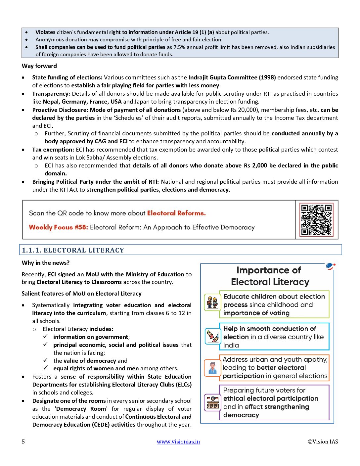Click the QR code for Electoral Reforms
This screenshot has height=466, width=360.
(x=316, y=219)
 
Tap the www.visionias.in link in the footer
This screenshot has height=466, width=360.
(x=178, y=442)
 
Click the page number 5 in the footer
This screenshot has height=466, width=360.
(x=23, y=442)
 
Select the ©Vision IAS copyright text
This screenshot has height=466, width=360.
(x=323, y=442)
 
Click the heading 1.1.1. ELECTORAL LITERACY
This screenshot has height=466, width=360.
(x=73, y=250)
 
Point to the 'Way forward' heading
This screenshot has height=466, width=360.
(x=39, y=66)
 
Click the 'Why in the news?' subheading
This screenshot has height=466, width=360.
(x=46, y=263)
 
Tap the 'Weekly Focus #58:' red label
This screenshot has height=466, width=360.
(x=59, y=227)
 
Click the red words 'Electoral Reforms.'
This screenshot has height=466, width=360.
(x=176, y=213)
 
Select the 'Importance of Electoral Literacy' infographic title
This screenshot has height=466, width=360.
(x=269, y=276)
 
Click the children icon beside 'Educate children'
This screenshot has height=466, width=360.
(x=212, y=302)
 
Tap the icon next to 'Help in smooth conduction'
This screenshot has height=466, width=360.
(x=212, y=336)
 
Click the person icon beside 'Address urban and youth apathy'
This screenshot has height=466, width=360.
(x=212, y=368)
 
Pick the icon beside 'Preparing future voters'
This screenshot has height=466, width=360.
(x=212, y=402)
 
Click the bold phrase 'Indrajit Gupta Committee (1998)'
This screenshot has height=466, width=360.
(x=232, y=77)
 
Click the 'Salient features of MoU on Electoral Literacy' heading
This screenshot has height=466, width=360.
(x=81, y=294)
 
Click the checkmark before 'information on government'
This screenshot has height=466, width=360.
(x=46, y=337)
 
